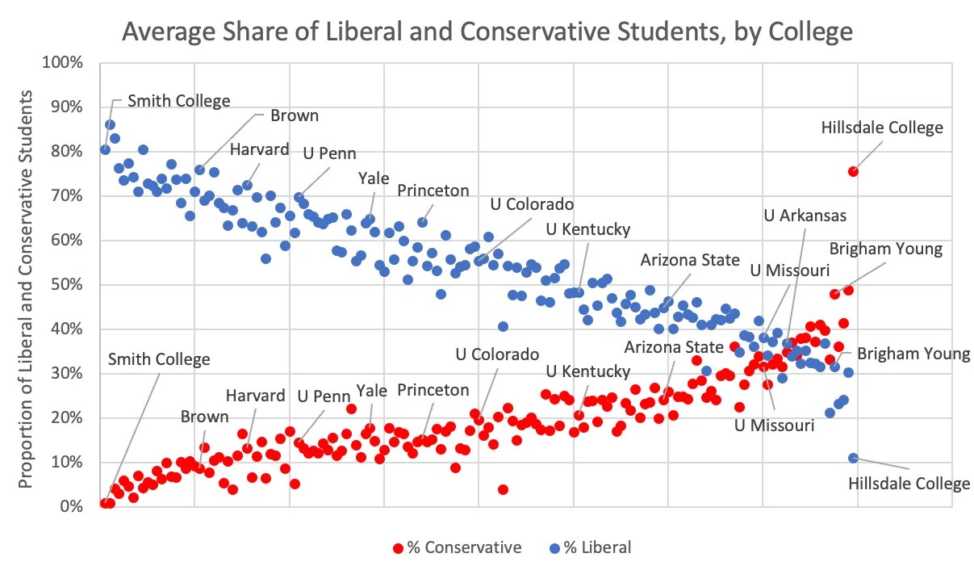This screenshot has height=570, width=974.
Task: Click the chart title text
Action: click(487, 31)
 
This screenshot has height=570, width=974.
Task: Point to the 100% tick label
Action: click(65, 62)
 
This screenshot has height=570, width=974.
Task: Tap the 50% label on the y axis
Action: click(69, 284)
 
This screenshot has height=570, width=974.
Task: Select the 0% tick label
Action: click(73, 506)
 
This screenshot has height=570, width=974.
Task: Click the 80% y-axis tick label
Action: click(69, 151)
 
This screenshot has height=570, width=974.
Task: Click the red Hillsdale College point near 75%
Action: click(853, 171)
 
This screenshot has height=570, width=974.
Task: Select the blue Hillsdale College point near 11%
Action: click(853, 458)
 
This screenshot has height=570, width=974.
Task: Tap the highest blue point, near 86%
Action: click(110, 124)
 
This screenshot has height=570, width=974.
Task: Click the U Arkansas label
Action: click(805, 216)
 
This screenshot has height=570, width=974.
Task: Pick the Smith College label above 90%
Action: click(179, 101)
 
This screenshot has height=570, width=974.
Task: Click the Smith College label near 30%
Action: click(159, 359)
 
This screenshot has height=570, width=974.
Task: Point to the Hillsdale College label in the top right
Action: click(881, 128)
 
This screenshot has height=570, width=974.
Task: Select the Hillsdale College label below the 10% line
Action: click(909, 484)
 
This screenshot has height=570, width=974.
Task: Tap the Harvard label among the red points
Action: click(255, 396)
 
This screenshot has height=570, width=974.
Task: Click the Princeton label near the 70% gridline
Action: click(433, 191)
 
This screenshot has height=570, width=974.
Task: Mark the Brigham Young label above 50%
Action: click(885, 249)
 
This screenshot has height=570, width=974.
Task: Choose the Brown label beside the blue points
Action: click(294, 115)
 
